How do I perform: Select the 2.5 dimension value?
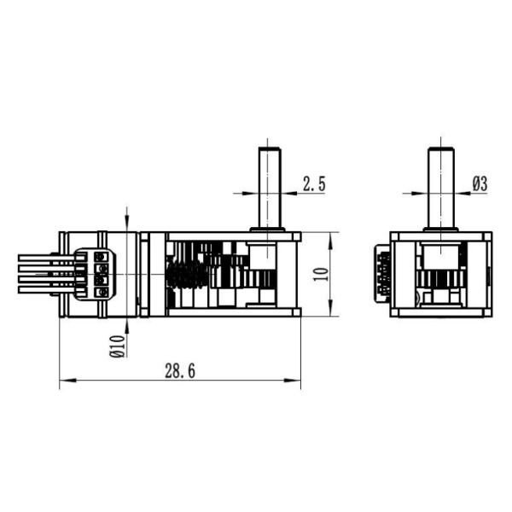(x=313, y=183)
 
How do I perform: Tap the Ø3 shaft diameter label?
(x=479, y=183)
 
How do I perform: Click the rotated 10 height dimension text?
(x=320, y=274)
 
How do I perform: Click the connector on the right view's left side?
(x=383, y=274)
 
